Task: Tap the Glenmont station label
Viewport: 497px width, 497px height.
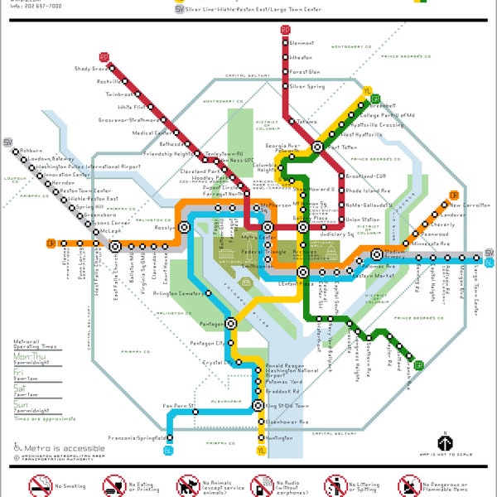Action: tap(302, 43)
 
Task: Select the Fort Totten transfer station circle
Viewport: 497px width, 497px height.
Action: tap(317, 147)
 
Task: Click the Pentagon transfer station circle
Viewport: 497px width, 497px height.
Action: tap(230, 324)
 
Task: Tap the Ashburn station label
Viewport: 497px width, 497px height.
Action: tap(31, 150)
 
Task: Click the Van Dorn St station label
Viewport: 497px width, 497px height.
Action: tap(178, 405)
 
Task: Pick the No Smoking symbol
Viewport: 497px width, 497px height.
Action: tap(23, 484)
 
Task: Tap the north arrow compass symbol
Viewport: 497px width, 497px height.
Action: tap(443, 442)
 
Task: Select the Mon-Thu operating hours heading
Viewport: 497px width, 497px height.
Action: tap(30, 357)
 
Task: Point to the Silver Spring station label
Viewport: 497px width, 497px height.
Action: tap(306, 86)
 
